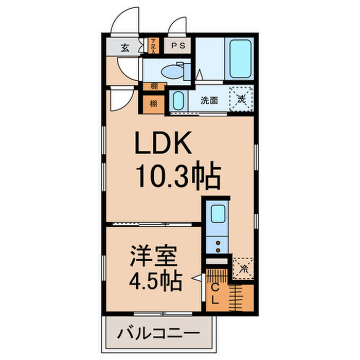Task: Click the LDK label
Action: (164, 143)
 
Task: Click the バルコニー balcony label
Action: (158, 333)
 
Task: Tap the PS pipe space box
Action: (178, 46)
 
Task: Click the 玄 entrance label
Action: (125, 48)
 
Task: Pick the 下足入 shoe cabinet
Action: (153, 46)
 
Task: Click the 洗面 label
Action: (209, 100)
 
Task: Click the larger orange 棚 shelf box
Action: (154, 104)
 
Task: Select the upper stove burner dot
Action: (218, 242)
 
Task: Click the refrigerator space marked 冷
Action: (243, 267)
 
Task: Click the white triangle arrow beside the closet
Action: (195, 280)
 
